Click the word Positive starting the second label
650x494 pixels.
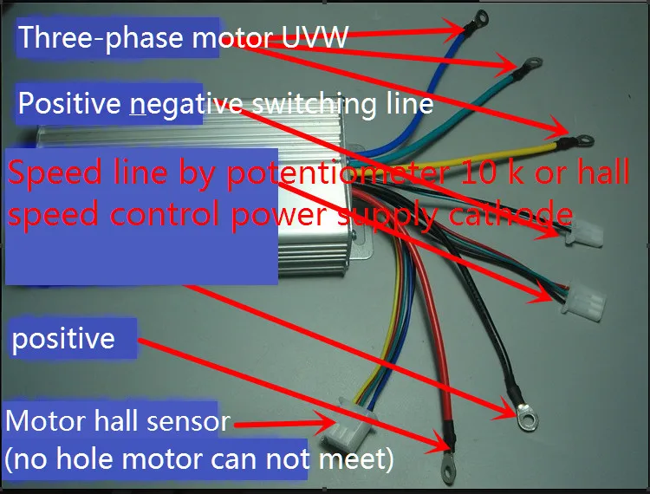click(69, 104)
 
